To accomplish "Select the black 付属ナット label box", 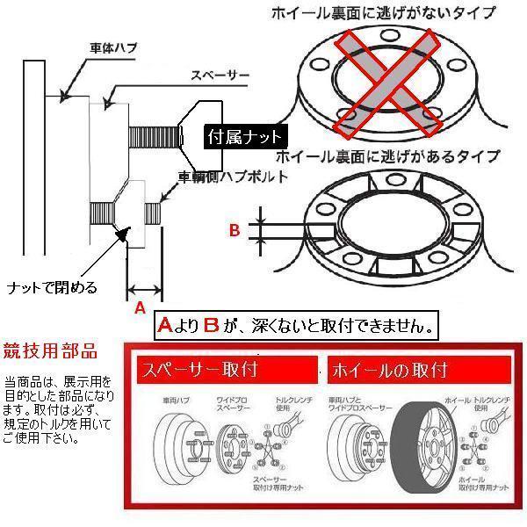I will tap(245, 137).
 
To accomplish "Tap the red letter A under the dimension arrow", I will tap(138, 308).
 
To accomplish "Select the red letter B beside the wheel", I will tap(234, 231).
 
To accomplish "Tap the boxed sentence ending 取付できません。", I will tap(295, 325).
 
